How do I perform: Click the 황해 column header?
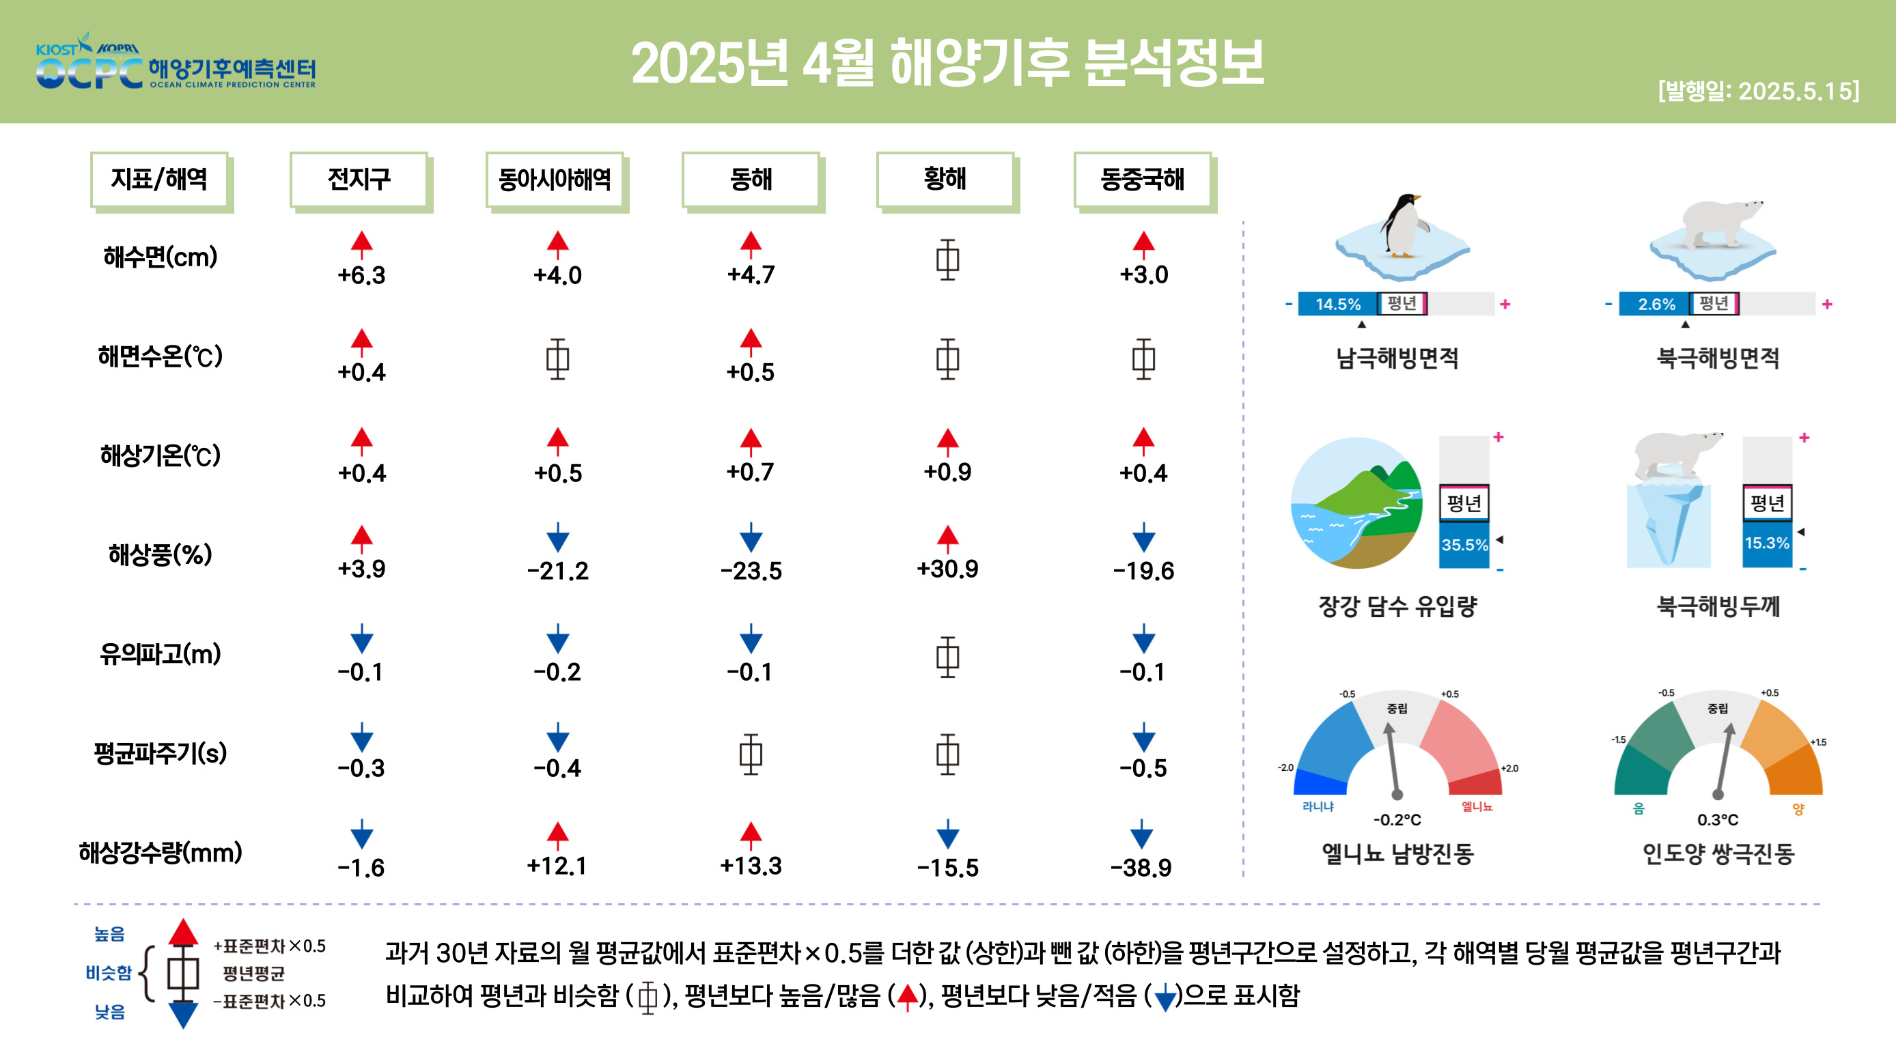click(x=945, y=179)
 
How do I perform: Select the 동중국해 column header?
click(x=1142, y=179)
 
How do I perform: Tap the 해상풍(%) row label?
click(x=161, y=554)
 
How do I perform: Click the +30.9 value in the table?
click(x=947, y=569)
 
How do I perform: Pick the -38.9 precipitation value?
click(x=1141, y=868)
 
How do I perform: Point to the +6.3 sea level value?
click(x=361, y=275)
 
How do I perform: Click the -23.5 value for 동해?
click(x=751, y=570)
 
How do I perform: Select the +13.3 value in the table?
click(x=751, y=866)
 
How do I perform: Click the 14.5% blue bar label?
click(x=1337, y=304)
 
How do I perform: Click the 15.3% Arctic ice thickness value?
click(x=1766, y=543)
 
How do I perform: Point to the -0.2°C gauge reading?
click(x=1397, y=820)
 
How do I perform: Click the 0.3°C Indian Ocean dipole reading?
click(x=1718, y=820)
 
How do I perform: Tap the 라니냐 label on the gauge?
click(x=1318, y=806)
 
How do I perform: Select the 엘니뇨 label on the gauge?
click(x=1477, y=806)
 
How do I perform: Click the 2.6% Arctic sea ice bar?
click(x=1656, y=304)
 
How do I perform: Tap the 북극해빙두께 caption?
click(x=1718, y=606)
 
